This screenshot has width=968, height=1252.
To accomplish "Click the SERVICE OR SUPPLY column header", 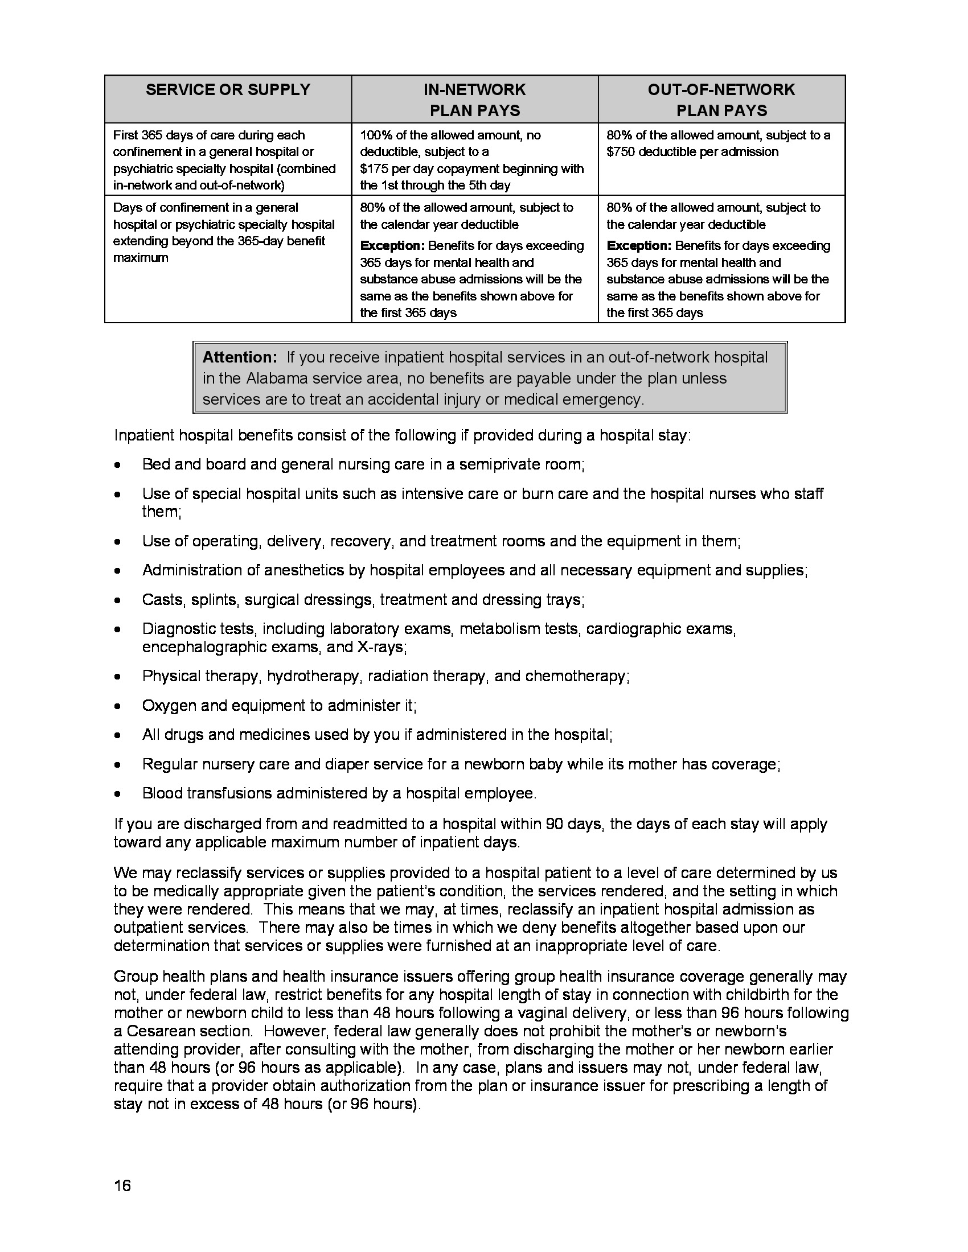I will pyautogui.click(x=228, y=89).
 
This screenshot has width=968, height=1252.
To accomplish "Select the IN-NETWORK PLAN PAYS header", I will pyautogui.click(x=474, y=100).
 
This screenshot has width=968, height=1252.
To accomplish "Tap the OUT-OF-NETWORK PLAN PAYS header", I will pyautogui.click(x=721, y=100).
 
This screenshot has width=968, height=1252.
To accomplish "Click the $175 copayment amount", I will pyautogui.click(x=374, y=168).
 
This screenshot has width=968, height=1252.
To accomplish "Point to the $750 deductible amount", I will pyautogui.click(x=621, y=152).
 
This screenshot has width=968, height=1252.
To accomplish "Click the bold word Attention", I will pyautogui.click(x=240, y=357).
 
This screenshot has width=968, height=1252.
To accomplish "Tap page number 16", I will pyautogui.click(x=122, y=1185).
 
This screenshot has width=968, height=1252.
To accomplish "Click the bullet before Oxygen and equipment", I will pyautogui.click(x=117, y=706).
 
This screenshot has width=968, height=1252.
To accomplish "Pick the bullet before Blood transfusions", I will pyautogui.click(x=117, y=794).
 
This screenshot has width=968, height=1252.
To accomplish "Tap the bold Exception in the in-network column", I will pyautogui.click(x=392, y=246).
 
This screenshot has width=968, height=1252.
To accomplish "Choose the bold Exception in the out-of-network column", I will pyautogui.click(x=638, y=246).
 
